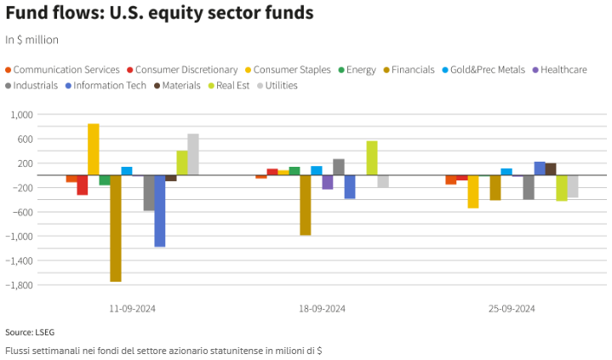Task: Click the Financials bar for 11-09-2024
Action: (x=116, y=228)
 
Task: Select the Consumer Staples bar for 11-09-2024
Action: (x=94, y=150)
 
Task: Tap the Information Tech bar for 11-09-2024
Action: (x=160, y=211)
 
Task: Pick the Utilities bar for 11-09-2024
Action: (x=193, y=155)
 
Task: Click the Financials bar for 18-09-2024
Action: (x=306, y=205)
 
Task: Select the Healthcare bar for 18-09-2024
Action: (x=328, y=182)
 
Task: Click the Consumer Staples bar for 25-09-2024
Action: (x=473, y=191)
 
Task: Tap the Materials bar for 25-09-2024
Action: (x=551, y=169)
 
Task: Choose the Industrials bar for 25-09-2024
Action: (x=529, y=187)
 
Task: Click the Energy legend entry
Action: (x=357, y=70)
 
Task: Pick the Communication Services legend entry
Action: (x=62, y=70)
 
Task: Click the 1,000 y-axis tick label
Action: (x=20, y=115)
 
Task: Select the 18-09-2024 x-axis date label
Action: (x=322, y=308)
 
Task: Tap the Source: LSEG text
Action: (x=30, y=332)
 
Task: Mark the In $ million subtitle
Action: (x=31, y=40)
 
